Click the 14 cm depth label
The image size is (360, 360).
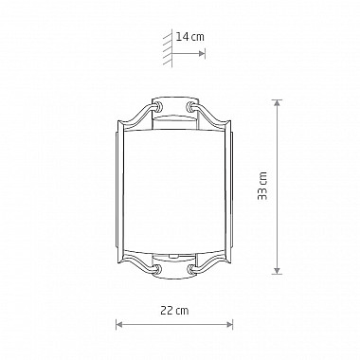[x=189, y=37]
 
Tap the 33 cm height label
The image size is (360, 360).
[x=262, y=186]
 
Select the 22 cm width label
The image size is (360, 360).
[x=174, y=311]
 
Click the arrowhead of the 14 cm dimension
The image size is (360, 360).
[x=202, y=53]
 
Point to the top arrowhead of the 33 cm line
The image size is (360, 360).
[x=277, y=103]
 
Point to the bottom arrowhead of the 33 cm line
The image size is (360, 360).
[x=277, y=271]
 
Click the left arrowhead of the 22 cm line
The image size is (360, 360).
[x=119, y=324]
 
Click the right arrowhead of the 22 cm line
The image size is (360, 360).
[x=229, y=324]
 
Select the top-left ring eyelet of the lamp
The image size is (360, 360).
[x=157, y=106]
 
